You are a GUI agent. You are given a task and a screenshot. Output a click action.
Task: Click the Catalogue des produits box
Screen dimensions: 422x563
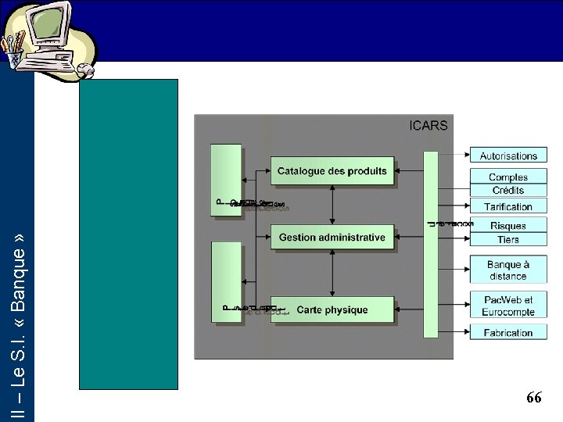(x=332, y=171)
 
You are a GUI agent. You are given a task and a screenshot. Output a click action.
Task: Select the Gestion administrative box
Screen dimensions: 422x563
(x=332, y=237)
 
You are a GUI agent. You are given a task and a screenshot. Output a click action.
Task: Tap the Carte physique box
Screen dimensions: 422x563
(x=332, y=310)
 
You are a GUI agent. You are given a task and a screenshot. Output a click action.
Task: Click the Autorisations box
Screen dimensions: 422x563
(x=508, y=156)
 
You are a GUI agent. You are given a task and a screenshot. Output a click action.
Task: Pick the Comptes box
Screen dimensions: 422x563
(x=508, y=177)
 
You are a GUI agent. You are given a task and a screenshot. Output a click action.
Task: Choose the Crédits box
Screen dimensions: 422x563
(x=508, y=191)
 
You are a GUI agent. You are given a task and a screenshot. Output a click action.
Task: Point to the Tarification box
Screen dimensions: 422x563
(x=508, y=207)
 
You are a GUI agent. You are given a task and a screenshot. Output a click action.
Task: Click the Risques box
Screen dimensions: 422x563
(x=508, y=226)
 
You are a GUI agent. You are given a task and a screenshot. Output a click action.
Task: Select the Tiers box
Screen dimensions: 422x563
(x=508, y=239)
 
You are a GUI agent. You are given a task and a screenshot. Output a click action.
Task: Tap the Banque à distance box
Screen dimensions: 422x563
(x=508, y=270)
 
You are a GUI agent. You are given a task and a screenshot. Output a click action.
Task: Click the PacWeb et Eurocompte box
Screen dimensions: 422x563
(x=508, y=306)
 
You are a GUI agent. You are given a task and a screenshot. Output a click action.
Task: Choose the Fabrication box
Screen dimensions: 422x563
(x=508, y=333)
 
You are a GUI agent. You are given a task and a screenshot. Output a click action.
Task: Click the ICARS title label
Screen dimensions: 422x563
(x=429, y=126)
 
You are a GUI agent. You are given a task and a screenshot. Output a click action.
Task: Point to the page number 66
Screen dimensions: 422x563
(x=534, y=398)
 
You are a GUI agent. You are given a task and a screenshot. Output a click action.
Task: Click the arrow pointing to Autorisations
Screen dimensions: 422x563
(x=454, y=156)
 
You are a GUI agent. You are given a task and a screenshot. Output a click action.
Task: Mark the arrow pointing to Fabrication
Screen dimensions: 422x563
(x=454, y=333)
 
